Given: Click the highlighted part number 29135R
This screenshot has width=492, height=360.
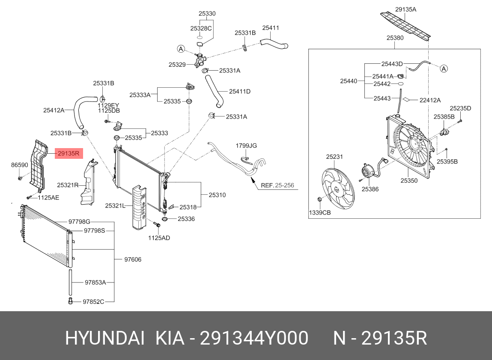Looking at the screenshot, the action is (69, 153).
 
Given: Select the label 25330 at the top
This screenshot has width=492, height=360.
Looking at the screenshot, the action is (207, 14).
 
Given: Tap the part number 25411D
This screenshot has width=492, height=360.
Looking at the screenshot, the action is (239, 91).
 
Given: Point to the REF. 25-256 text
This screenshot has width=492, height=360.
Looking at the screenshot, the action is (277, 185).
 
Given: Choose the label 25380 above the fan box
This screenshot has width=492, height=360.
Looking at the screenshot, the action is (395, 38).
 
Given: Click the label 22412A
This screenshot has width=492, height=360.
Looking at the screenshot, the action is (430, 100).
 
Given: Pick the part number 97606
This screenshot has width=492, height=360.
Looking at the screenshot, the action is (133, 259).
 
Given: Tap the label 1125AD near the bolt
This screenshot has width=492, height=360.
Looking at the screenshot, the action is (159, 238).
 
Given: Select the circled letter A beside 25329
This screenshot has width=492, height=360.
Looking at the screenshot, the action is (181, 49).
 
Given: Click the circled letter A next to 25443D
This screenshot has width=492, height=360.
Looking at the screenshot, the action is (444, 68).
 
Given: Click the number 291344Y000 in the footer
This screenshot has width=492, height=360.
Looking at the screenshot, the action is (254, 339).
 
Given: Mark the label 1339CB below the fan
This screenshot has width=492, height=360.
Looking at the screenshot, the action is (320, 213).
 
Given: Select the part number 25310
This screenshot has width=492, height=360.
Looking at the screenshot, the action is (217, 195).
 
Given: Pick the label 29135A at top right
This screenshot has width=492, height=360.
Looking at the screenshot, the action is (406, 9).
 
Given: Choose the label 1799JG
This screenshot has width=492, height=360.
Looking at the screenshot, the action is (246, 146).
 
